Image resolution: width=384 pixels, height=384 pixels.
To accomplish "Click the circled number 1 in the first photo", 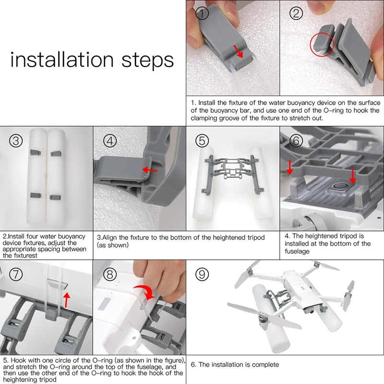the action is click(x=202, y=13).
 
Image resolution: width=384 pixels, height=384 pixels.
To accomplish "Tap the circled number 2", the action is click(x=296, y=13).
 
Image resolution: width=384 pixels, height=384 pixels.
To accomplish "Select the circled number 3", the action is click(x=16, y=141).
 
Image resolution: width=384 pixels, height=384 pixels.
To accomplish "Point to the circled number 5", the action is click(x=202, y=141).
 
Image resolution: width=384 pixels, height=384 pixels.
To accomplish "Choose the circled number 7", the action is click(x=16, y=274).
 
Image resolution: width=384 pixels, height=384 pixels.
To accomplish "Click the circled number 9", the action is click(x=202, y=274).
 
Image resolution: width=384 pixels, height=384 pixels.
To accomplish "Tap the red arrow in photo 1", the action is click(x=238, y=51).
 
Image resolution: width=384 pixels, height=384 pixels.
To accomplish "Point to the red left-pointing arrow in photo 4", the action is click(x=150, y=170).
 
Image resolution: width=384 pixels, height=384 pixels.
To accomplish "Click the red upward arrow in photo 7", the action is click(x=66, y=299).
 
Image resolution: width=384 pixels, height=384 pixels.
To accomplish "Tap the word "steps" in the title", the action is click(x=148, y=61).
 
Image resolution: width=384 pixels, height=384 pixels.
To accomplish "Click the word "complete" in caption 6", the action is click(x=265, y=365).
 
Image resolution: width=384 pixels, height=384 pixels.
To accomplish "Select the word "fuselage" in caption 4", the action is click(x=297, y=252).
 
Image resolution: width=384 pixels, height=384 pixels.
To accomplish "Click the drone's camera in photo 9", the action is click(x=312, y=312).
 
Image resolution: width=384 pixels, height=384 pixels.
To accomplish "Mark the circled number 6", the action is click(x=296, y=141).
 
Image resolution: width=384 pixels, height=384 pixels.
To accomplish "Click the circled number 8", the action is click(x=110, y=274).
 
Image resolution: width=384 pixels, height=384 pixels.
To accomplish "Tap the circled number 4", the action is click(x=110, y=141).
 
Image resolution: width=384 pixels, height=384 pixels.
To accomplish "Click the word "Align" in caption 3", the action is click(x=110, y=238).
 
